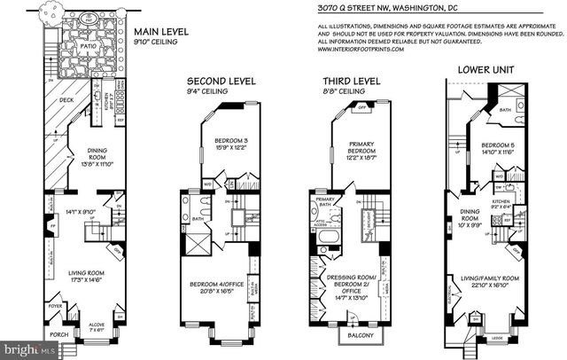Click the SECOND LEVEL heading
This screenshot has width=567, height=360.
pyautogui.click(x=227, y=81)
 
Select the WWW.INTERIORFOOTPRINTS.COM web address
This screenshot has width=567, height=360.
pyautogui.click(x=362, y=50)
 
